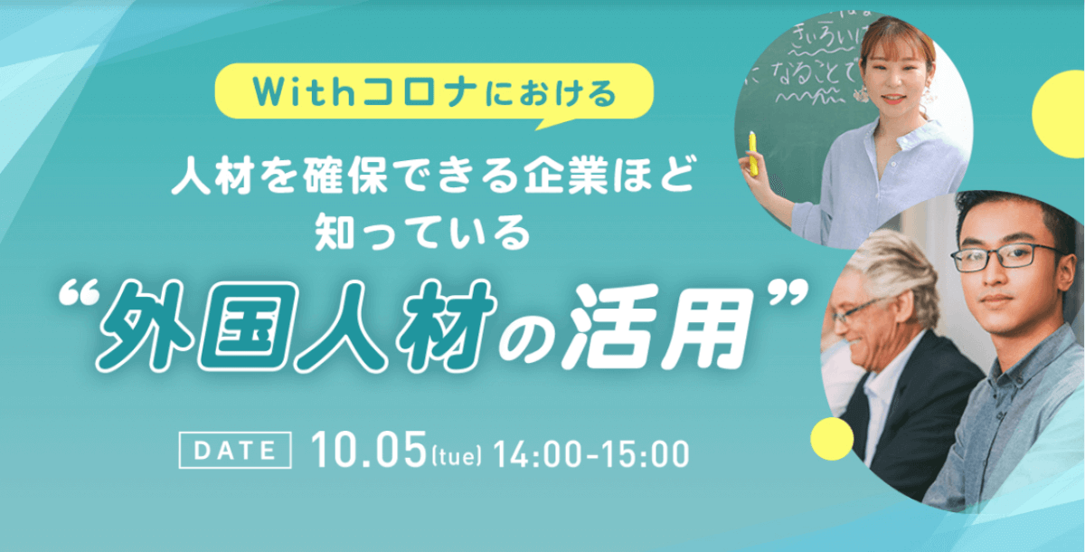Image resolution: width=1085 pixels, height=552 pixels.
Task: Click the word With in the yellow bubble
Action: (x=305, y=92)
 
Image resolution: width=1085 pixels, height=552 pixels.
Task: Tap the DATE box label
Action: (x=235, y=451)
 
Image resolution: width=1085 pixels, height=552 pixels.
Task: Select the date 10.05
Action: (x=369, y=450)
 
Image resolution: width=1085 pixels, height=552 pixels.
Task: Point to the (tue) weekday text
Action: (x=457, y=456)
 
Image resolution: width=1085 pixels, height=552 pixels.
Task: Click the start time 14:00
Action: (x=538, y=454)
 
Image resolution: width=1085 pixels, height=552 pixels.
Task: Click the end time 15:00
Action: (x=645, y=454)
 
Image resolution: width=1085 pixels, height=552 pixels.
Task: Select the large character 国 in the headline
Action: (x=246, y=328)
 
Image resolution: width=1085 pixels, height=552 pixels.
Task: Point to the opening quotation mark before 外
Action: (x=79, y=295)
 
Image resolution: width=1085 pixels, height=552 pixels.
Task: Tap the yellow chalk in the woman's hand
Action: (x=752, y=153)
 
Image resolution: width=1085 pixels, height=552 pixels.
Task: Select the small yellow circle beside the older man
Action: (x=832, y=439)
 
